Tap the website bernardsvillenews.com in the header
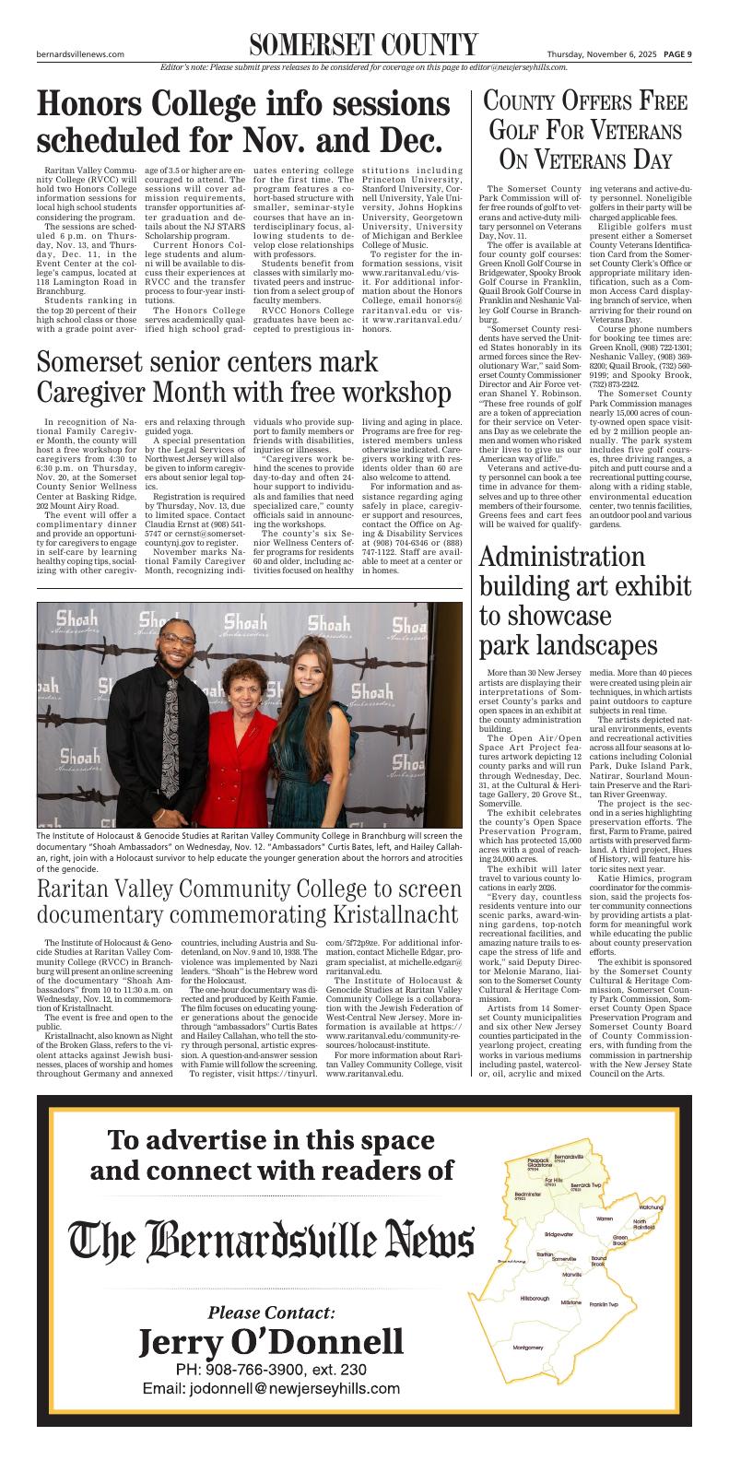[x=80, y=54]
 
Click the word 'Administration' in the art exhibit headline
[x=562, y=558]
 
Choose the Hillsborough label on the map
[x=534, y=1298]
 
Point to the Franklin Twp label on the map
[x=604, y=1304]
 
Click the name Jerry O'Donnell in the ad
[x=271, y=1342]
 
